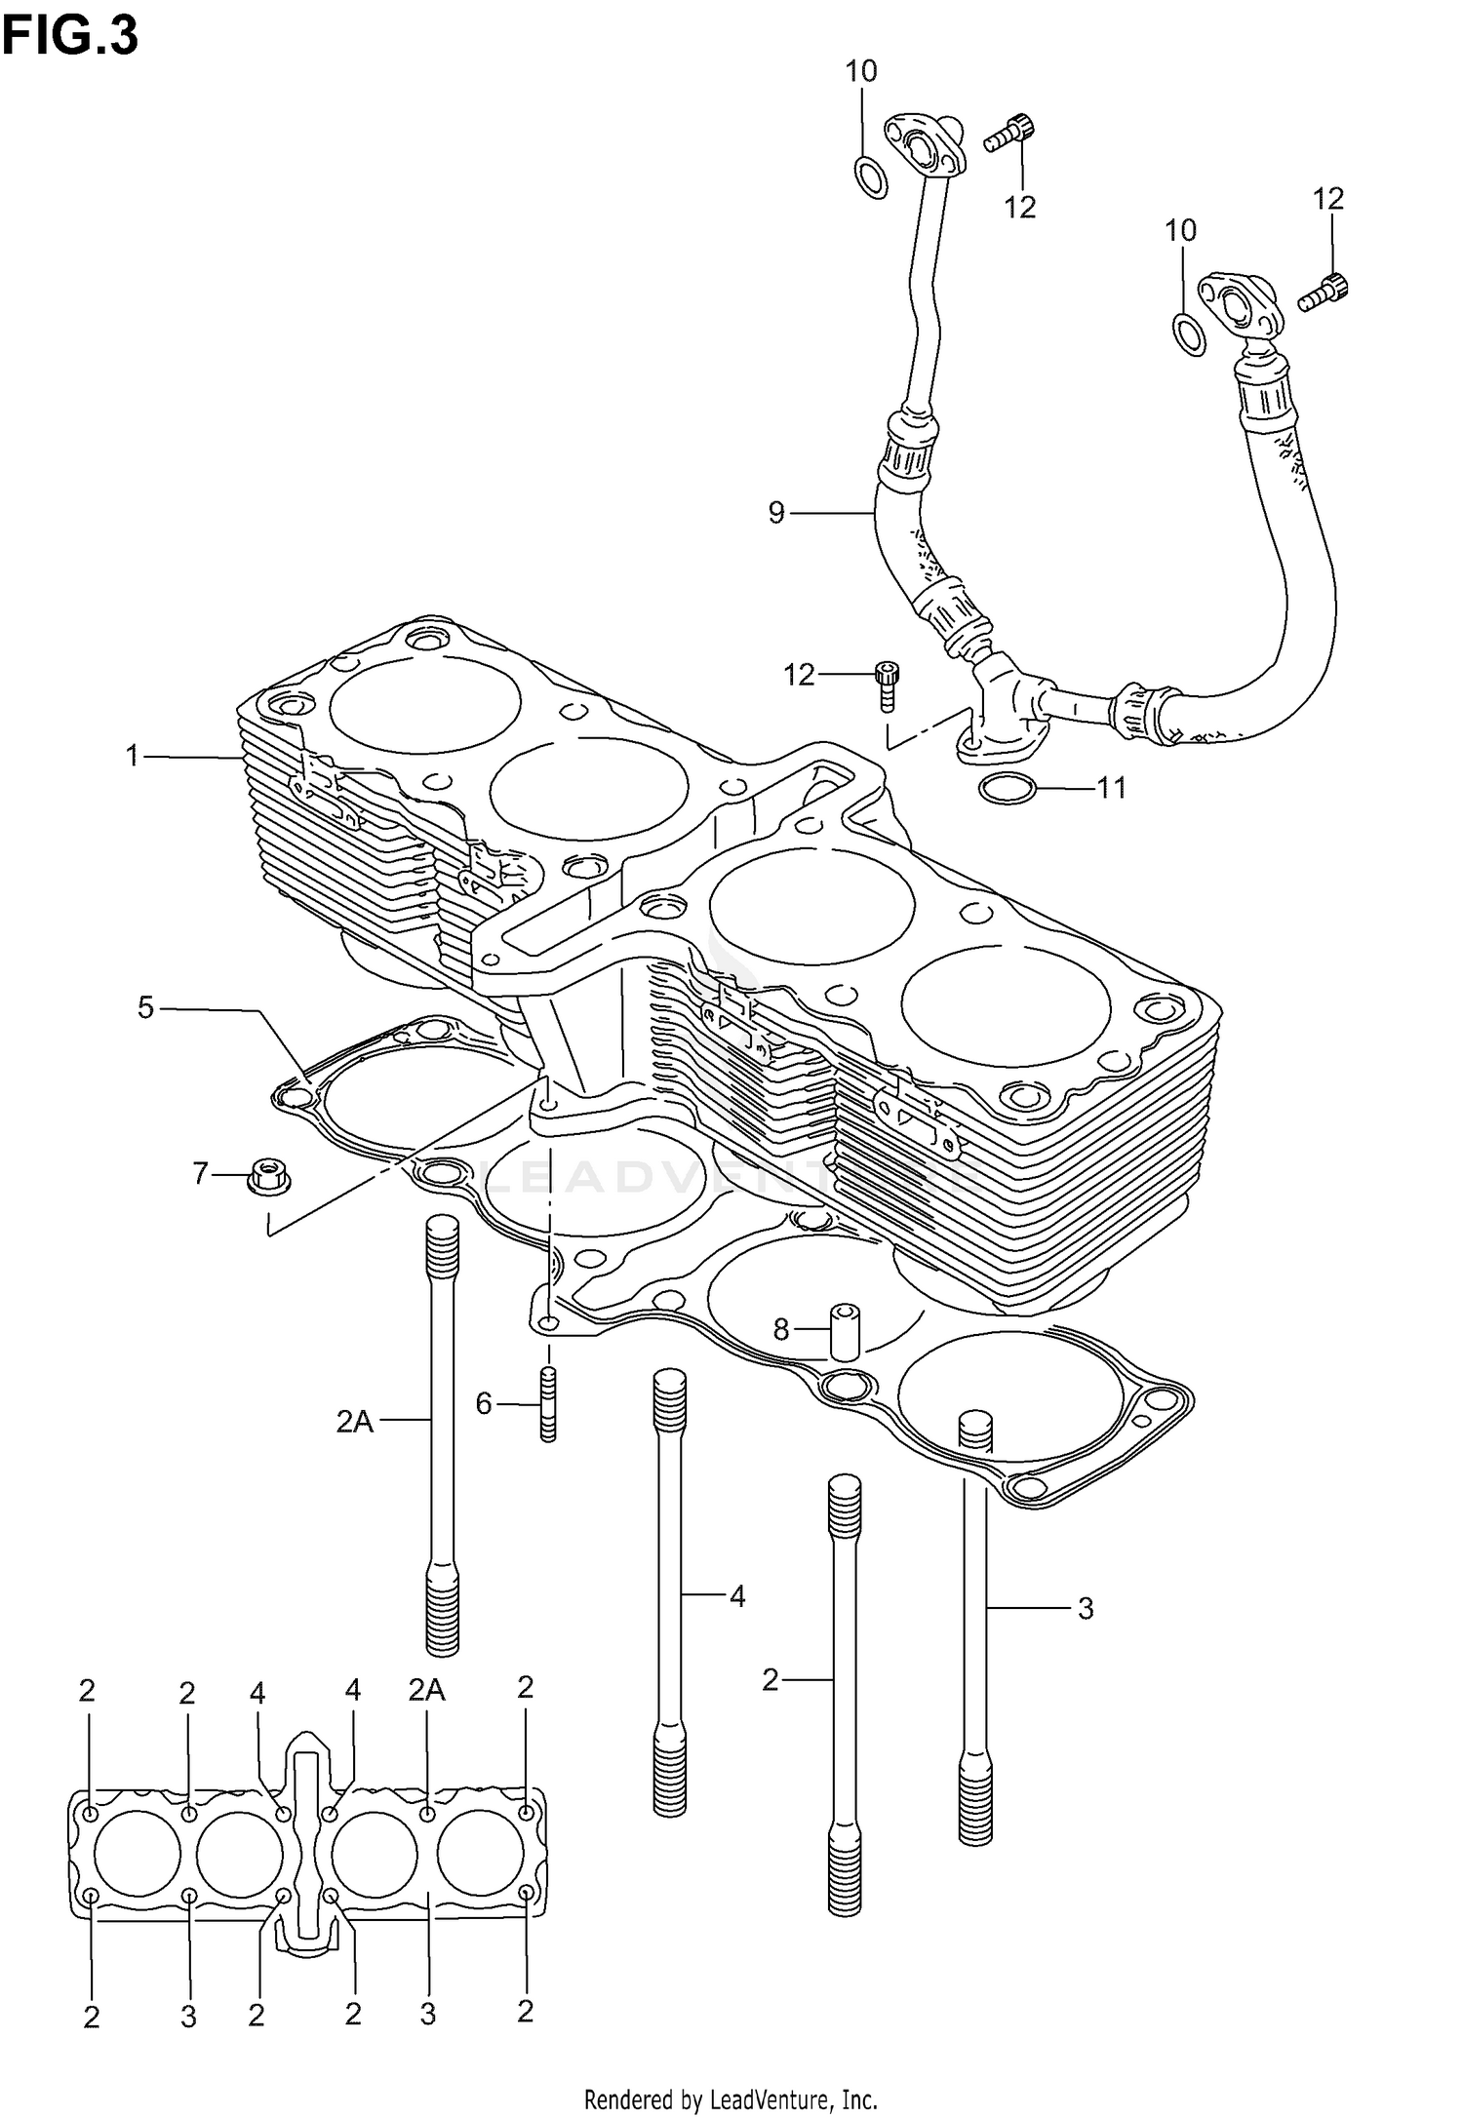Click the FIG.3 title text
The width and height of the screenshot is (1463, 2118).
70,37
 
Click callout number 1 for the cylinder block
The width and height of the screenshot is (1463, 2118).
133,755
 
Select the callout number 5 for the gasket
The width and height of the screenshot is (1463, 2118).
145,1007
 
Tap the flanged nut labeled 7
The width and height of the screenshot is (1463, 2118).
265,1175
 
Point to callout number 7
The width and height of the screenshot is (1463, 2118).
201,1173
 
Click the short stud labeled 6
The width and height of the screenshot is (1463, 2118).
548,1404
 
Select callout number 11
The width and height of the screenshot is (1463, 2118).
1112,787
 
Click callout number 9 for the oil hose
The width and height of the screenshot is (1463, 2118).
776,512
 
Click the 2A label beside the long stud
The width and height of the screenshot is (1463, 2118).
355,1422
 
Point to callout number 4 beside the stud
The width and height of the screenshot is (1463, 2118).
737,1596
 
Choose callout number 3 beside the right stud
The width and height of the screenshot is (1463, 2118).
1086,1608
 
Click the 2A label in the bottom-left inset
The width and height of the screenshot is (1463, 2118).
426,1690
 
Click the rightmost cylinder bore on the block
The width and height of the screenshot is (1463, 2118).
1006,1009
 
